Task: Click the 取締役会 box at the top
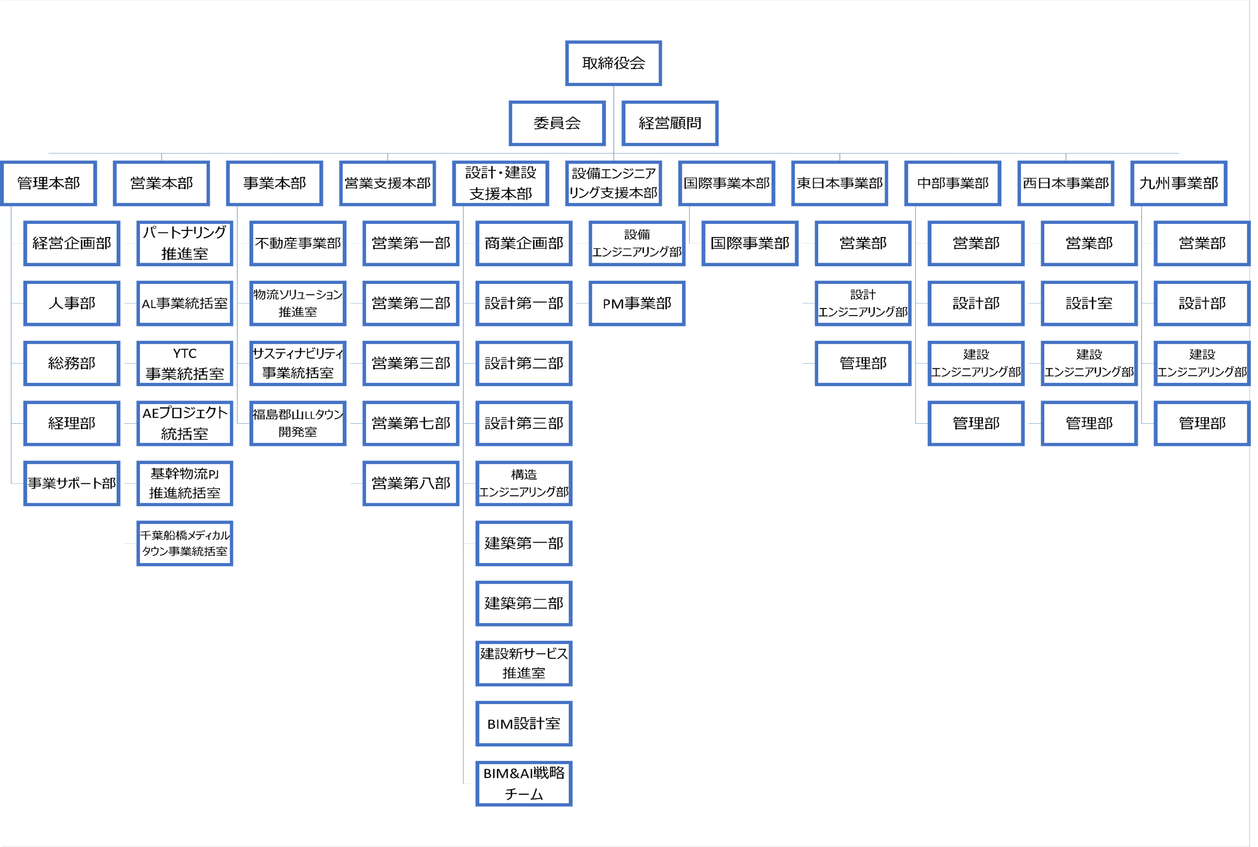[x=613, y=63]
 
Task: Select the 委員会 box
[x=557, y=123]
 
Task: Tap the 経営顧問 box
[x=670, y=123]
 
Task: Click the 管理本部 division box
[x=49, y=183]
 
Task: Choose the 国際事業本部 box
[x=727, y=183]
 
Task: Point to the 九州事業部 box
[x=1178, y=183]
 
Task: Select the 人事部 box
[x=72, y=303]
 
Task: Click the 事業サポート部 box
[x=72, y=483]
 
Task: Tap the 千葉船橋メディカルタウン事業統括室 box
[x=185, y=543]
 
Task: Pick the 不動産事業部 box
[x=297, y=243]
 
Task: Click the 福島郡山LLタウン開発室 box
[x=297, y=423]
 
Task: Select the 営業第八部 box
[x=411, y=483]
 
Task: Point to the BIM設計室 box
[x=523, y=723]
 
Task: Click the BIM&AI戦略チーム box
[x=523, y=783]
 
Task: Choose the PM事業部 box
[x=637, y=303]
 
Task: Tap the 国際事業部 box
[x=750, y=243]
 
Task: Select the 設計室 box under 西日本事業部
[x=1089, y=303]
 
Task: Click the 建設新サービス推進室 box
[x=523, y=663]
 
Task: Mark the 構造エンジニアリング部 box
[x=523, y=483]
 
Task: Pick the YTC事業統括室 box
[x=185, y=363]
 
